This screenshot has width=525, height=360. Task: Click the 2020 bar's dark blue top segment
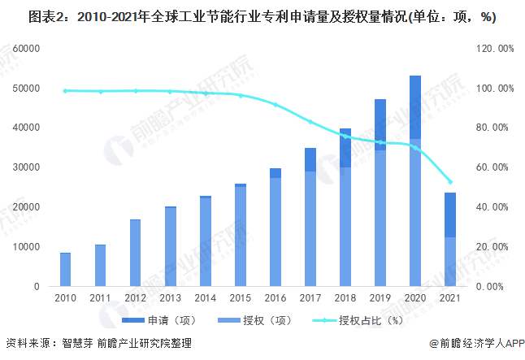point(415,107)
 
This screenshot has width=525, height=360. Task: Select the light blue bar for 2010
point(66,270)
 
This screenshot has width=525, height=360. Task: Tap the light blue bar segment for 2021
point(450,262)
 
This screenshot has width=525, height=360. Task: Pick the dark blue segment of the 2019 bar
point(380,125)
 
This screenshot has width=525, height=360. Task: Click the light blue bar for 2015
point(241,236)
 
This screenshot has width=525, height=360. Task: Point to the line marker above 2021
point(450,182)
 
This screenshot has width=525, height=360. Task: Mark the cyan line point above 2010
point(66,91)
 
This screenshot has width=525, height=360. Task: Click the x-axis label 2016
point(276,298)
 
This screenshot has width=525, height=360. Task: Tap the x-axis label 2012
point(136,298)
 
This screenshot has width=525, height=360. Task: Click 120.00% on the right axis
point(494,49)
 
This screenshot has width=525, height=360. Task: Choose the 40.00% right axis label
point(494,207)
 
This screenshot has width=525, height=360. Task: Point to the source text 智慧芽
point(76,344)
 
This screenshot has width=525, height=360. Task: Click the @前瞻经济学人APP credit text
point(475,344)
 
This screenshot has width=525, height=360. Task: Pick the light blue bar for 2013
point(171,247)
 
